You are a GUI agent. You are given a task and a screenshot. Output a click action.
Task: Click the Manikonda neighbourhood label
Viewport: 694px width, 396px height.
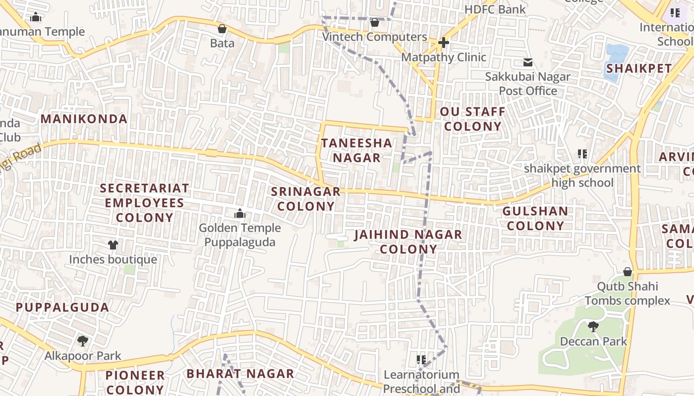pos(84,119)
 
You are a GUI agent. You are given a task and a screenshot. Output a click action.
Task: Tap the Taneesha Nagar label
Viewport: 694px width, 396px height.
pos(356,150)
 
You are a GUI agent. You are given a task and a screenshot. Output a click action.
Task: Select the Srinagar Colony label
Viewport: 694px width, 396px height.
pos(306,199)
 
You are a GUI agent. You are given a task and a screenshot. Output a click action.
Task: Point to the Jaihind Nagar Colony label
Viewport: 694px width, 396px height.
pos(408,242)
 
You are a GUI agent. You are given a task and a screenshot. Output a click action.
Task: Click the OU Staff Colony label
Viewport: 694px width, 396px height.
pos(472,119)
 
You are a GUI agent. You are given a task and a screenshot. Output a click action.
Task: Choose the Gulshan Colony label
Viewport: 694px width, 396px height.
pos(535,218)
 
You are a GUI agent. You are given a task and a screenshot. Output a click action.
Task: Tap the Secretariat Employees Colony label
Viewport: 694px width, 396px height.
pos(144,203)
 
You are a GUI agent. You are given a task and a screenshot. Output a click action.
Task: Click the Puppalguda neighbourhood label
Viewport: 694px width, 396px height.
pos(62,307)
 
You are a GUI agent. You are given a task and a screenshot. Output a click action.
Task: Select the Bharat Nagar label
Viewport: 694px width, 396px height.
pos(240,374)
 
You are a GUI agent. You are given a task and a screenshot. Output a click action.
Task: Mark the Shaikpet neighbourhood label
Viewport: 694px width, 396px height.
pos(639,68)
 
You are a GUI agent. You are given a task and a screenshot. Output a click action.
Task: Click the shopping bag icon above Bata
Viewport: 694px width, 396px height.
pos(222,29)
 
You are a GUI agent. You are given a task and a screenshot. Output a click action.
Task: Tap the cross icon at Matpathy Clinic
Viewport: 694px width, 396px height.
pos(443,43)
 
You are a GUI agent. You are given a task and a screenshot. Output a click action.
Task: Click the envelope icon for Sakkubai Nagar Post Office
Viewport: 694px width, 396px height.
pos(528,62)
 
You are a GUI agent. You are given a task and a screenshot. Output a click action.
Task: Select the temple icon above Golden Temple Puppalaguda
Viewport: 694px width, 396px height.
pos(240,214)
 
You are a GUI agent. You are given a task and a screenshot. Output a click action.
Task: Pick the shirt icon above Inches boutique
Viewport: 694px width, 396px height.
pos(113,245)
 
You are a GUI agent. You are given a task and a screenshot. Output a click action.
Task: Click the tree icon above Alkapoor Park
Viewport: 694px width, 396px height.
pos(83,341)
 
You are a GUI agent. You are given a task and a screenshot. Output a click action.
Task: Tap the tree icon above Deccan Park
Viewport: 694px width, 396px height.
pos(593,327)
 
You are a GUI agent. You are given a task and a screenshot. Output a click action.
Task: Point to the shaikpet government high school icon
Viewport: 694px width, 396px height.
pos(582,154)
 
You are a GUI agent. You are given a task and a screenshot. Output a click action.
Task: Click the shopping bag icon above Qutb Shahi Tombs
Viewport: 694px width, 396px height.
pos(628,272)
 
